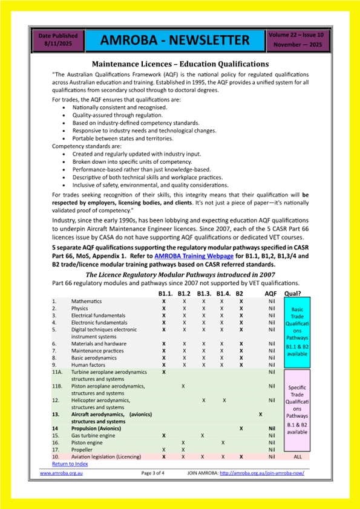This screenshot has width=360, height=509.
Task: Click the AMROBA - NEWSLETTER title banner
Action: pyautogui.click(x=175, y=41)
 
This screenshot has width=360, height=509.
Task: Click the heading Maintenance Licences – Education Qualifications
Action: pyautogui.click(x=180, y=63)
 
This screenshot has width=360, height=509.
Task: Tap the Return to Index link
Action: pyautogui.click(x=70, y=464)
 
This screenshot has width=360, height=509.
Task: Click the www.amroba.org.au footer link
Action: pyautogui.click(x=61, y=473)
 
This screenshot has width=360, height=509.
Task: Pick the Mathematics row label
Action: pyautogui.click(x=87, y=301)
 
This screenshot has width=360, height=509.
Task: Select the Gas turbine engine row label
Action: pyautogui.click(x=93, y=435)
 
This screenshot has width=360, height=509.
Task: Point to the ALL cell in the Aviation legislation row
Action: pyautogui.click(x=297, y=457)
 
